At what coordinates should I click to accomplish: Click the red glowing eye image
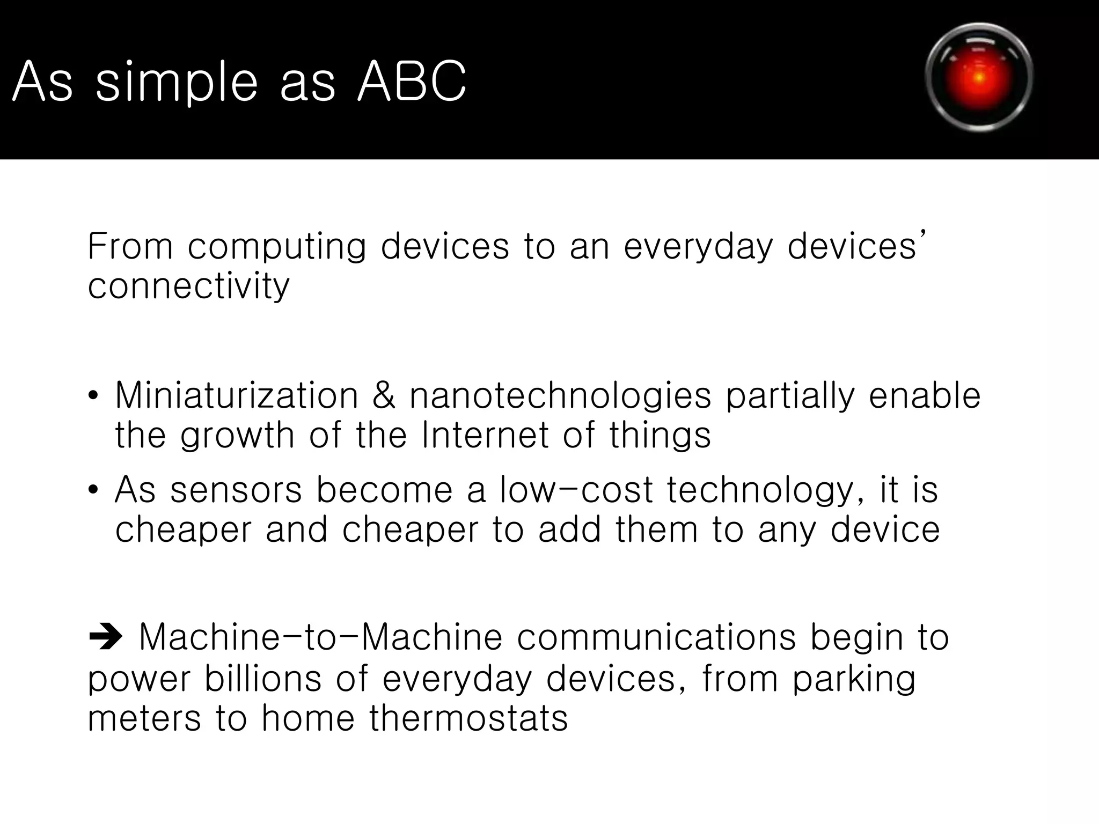979,78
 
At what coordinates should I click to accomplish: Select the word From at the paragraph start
130,247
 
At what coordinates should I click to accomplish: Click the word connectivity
188,286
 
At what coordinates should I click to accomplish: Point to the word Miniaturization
237,396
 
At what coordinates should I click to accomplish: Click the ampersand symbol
384,396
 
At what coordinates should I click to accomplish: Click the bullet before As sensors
93,490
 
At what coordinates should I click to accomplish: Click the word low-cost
576,490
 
